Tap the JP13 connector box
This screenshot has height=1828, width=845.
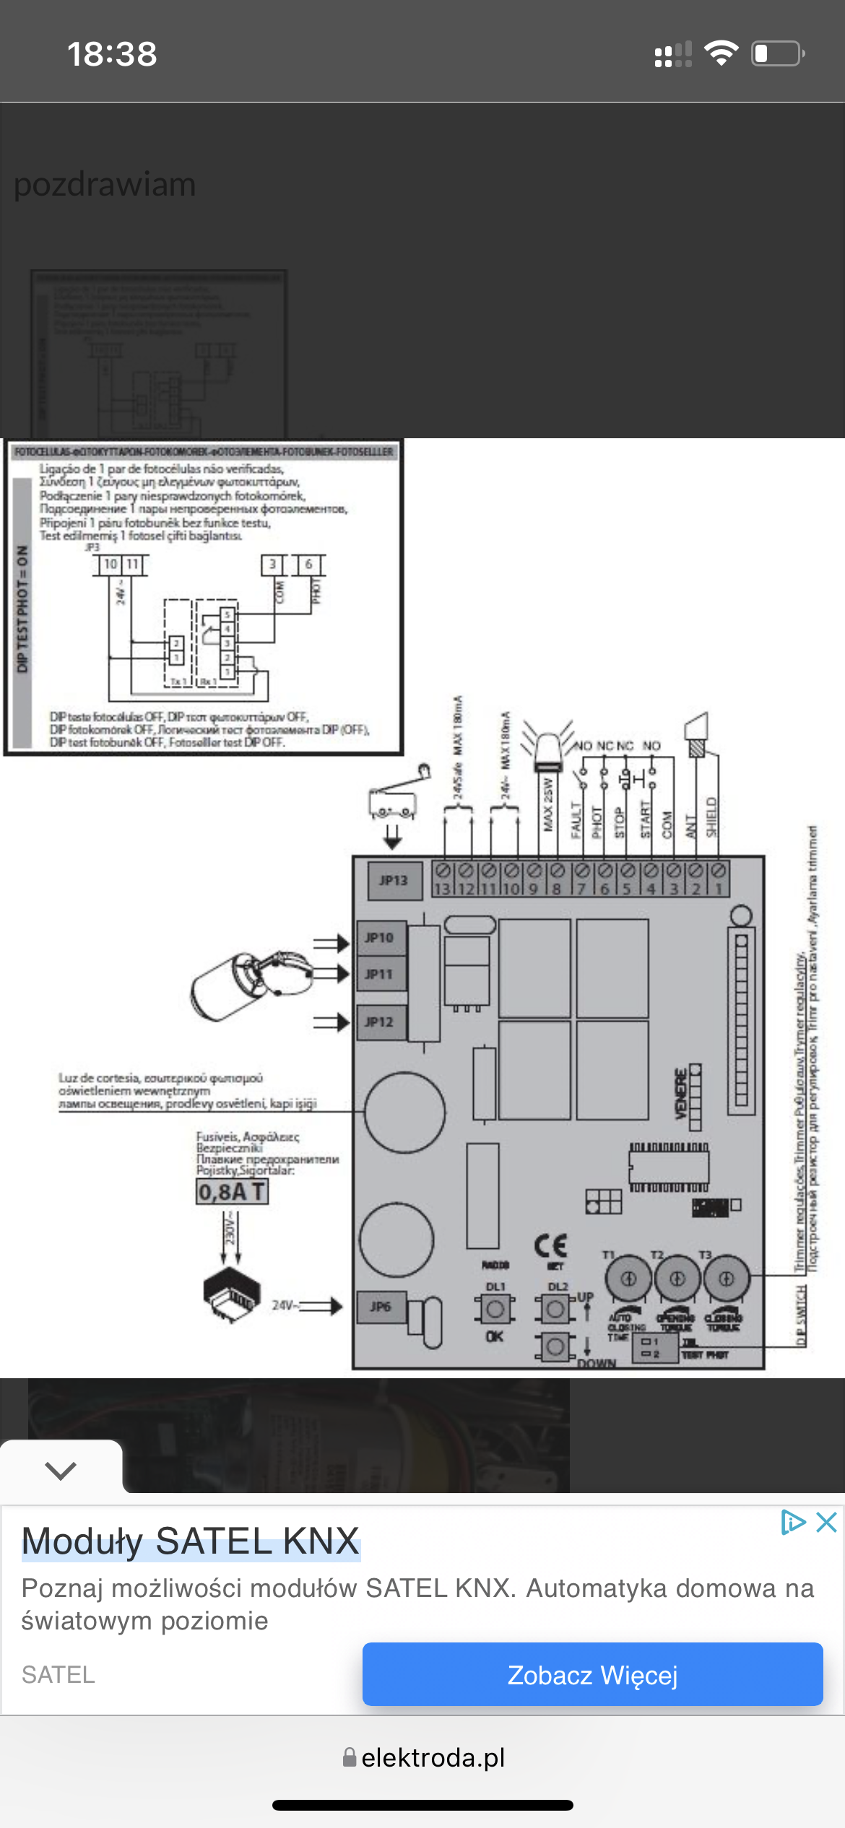point(394,881)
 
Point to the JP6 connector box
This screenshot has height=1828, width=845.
point(381,1307)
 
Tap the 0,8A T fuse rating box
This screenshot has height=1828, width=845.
point(232,1191)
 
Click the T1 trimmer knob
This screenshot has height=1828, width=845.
point(628,1279)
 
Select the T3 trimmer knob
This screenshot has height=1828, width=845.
point(726,1279)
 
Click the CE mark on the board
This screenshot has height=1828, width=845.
point(551,1245)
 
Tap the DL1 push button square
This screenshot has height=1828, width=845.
point(495,1309)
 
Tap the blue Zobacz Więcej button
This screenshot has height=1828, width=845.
point(592,1674)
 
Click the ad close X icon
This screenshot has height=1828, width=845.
point(826,1523)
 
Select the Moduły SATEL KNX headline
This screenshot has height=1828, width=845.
point(191,1541)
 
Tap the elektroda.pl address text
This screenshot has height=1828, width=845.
point(433,1758)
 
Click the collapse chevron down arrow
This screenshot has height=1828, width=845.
point(61,1471)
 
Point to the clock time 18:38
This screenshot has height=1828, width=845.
point(112,54)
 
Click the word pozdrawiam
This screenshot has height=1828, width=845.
point(105,185)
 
